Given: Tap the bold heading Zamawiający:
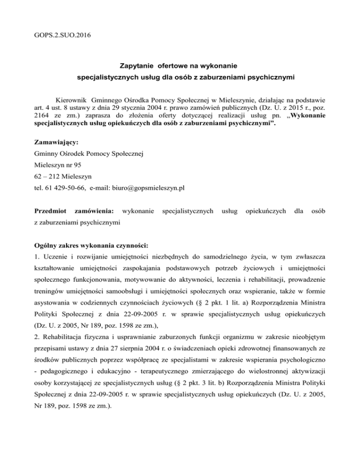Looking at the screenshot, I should (x=56, y=142).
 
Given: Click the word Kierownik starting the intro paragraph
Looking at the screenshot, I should (x=71, y=100).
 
